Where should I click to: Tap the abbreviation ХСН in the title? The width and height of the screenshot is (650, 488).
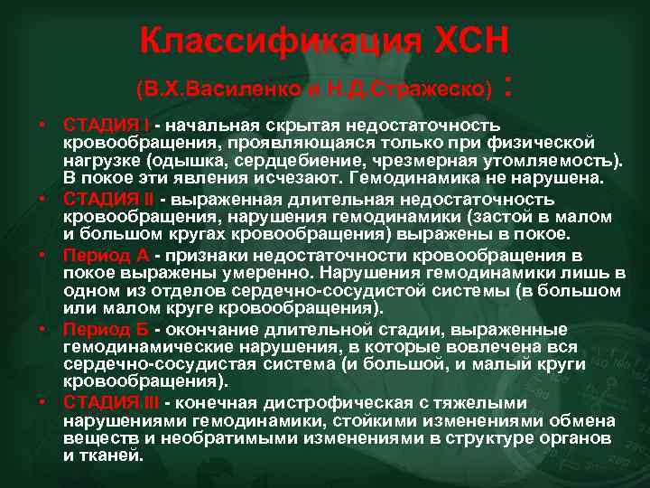pos(467,41)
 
